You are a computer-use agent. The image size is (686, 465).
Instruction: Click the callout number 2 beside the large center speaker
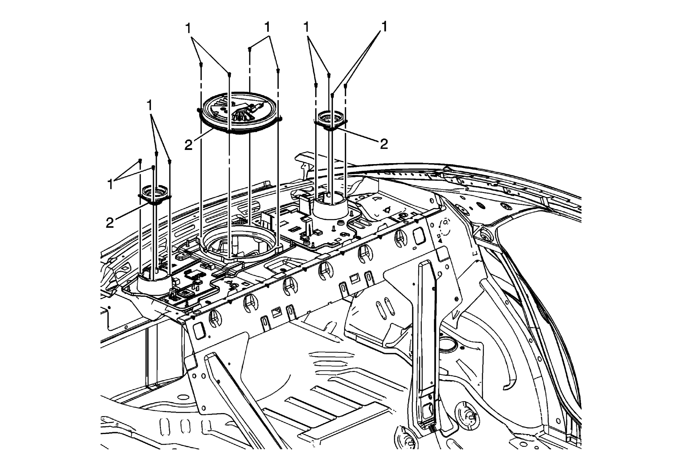(188, 145)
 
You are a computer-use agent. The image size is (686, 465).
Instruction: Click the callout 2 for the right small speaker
(384, 144)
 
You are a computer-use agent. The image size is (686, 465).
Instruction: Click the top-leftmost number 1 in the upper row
(188, 28)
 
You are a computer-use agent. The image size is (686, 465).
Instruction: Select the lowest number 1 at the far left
(110, 184)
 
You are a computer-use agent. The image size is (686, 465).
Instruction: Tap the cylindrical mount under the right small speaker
(330, 208)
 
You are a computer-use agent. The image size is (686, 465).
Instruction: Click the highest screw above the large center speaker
(250, 49)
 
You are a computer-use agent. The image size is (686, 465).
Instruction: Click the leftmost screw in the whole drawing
(140, 160)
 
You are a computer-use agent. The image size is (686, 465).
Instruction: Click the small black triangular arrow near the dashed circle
(440, 240)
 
